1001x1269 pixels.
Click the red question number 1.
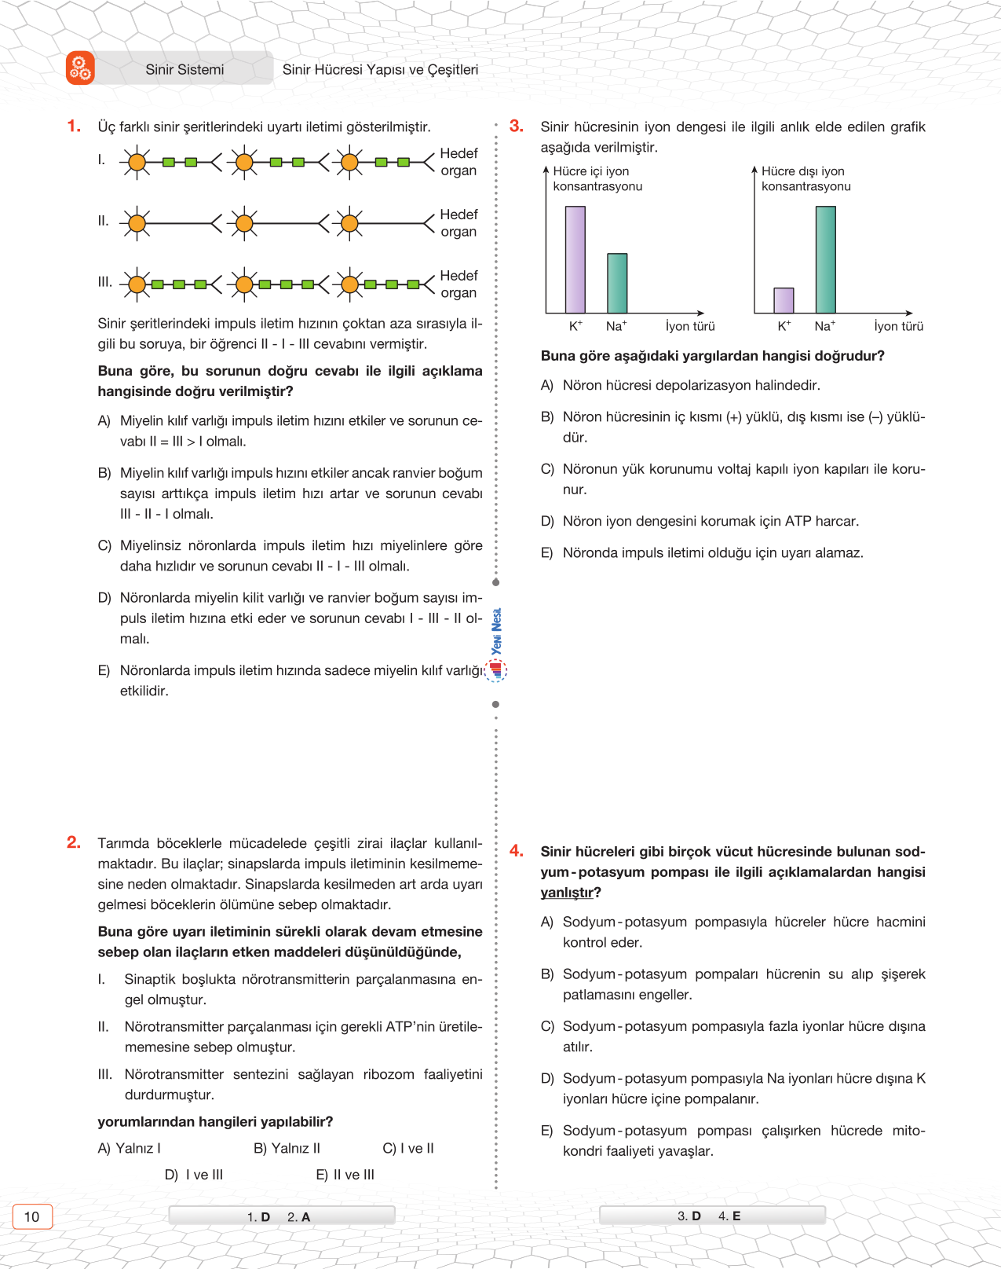click(x=74, y=126)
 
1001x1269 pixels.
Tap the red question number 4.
click(x=516, y=850)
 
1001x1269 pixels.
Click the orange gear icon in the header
click(x=80, y=68)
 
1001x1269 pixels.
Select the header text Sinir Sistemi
click(x=184, y=70)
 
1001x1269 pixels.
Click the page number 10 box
click(x=32, y=1216)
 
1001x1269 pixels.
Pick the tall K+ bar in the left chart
click(x=575, y=259)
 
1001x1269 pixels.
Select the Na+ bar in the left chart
click(x=617, y=283)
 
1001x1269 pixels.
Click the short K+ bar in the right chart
click(x=784, y=300)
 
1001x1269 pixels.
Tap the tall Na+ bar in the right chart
click(x=825, y=259)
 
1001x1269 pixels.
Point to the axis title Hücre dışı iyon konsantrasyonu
click(x=806, y=178)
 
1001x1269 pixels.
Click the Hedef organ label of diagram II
click(x=458, y=223)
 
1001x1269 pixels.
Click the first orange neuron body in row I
click(x=137, y=163)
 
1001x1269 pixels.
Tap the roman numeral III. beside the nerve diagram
click(x=104, y=281)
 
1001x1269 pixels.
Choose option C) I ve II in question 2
click(x=408, y=1148)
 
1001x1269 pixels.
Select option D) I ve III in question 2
click(x=194, y=1175)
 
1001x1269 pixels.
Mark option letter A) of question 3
click(x=547, y=385)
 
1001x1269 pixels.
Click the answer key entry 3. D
click(x=689, y=1216)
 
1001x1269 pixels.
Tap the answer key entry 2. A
click(x=299, y=1216)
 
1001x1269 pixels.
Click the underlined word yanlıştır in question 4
click(x=567, y=893)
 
